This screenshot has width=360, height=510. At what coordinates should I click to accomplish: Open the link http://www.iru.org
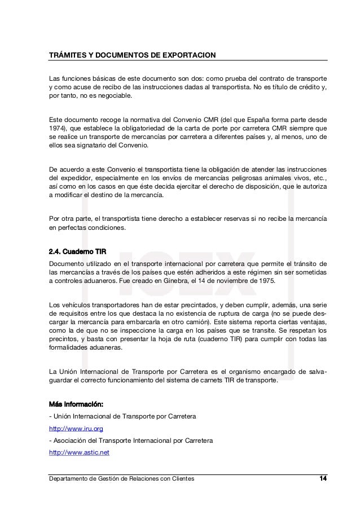(x=76, y=429)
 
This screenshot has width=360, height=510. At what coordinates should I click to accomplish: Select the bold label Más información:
(x=76, y=404)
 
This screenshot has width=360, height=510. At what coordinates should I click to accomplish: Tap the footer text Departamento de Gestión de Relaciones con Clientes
(x=122, y=479)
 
